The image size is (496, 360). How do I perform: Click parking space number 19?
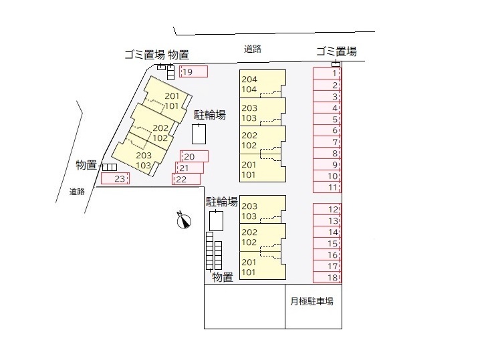click(194, 71)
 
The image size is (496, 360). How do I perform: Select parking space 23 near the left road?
click(115, 178)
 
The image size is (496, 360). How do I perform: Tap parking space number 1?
click(327, 73)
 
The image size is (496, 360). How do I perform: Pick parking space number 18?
click(327, 277)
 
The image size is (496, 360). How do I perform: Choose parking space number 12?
click(327, 209)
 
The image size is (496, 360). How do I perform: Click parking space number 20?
click(195, 156)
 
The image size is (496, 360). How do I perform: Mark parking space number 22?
click(187, 179)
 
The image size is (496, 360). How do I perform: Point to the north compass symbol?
click(184, 220)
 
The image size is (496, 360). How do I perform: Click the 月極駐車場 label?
click(312, 301)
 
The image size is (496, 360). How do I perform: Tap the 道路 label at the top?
click(253, 49)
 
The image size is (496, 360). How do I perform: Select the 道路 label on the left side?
click(77, 191)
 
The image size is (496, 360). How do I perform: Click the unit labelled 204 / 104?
click(263, 83)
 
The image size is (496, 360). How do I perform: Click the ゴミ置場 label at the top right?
click(337, 51)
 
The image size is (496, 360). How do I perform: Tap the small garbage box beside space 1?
click(336, 64)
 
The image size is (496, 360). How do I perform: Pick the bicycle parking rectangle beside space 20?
click(199, 134)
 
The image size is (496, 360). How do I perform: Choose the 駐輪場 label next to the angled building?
click(210, 115)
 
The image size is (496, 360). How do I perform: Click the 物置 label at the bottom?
click(223, 277)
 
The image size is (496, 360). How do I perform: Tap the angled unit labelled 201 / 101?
click(167, 98)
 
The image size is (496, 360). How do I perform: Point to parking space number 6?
click(327, 130)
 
